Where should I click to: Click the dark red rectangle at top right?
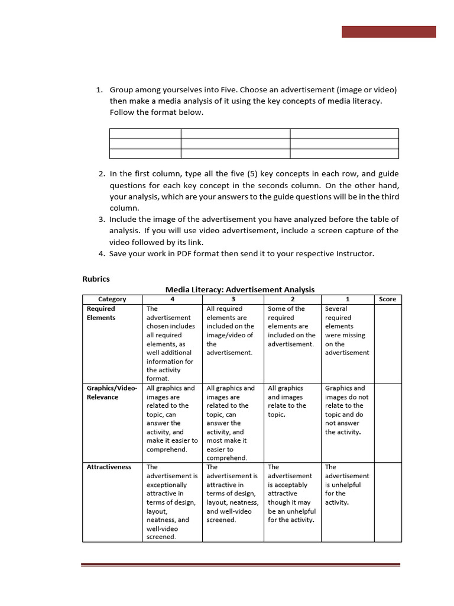(388, 32)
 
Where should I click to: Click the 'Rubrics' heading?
(96, 278)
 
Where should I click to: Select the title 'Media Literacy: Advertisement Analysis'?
(240, 289)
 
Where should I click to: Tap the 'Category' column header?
(112, 299)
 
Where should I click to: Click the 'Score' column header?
(388, 299)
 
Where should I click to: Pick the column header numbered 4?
(173, 299)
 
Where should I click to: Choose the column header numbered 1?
(348, 299)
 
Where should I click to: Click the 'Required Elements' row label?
(101, 313)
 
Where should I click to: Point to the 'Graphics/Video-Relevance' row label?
(112, 392)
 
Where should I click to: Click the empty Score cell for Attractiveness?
(388, 502)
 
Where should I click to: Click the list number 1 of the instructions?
(99, 90)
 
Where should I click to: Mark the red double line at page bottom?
(240, 565)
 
